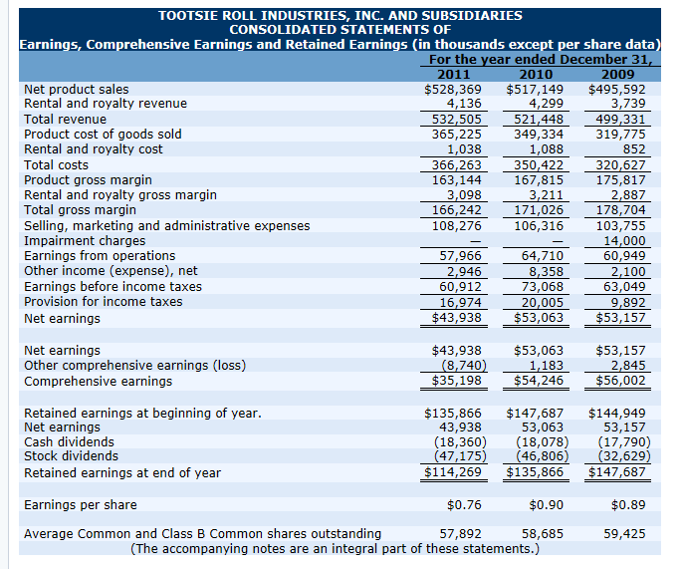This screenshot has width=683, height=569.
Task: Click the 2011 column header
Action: [x=454, y=75]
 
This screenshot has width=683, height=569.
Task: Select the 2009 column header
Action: [x=620, y=75]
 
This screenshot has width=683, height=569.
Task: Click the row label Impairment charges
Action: [x=85, y=240]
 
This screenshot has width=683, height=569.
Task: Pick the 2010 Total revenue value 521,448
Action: [x=537, y=120]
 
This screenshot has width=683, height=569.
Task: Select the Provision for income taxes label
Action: [x=104, y=301]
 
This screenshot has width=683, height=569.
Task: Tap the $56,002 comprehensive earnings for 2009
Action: [x=620, y=381]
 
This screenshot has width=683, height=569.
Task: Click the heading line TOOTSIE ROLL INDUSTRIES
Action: [x=340, y=16]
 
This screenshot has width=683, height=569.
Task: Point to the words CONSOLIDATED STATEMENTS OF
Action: [x=340, y=30]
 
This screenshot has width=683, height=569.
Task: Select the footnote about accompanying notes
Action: [x=335, y=548]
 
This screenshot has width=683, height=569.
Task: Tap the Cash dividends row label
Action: [x=69, y=441]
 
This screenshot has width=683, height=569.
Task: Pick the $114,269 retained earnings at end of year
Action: [x=454, y=472]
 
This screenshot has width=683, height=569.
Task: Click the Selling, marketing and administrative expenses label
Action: [x=166, y=225]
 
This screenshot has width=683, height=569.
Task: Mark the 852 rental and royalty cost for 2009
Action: [x=633, y=149]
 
